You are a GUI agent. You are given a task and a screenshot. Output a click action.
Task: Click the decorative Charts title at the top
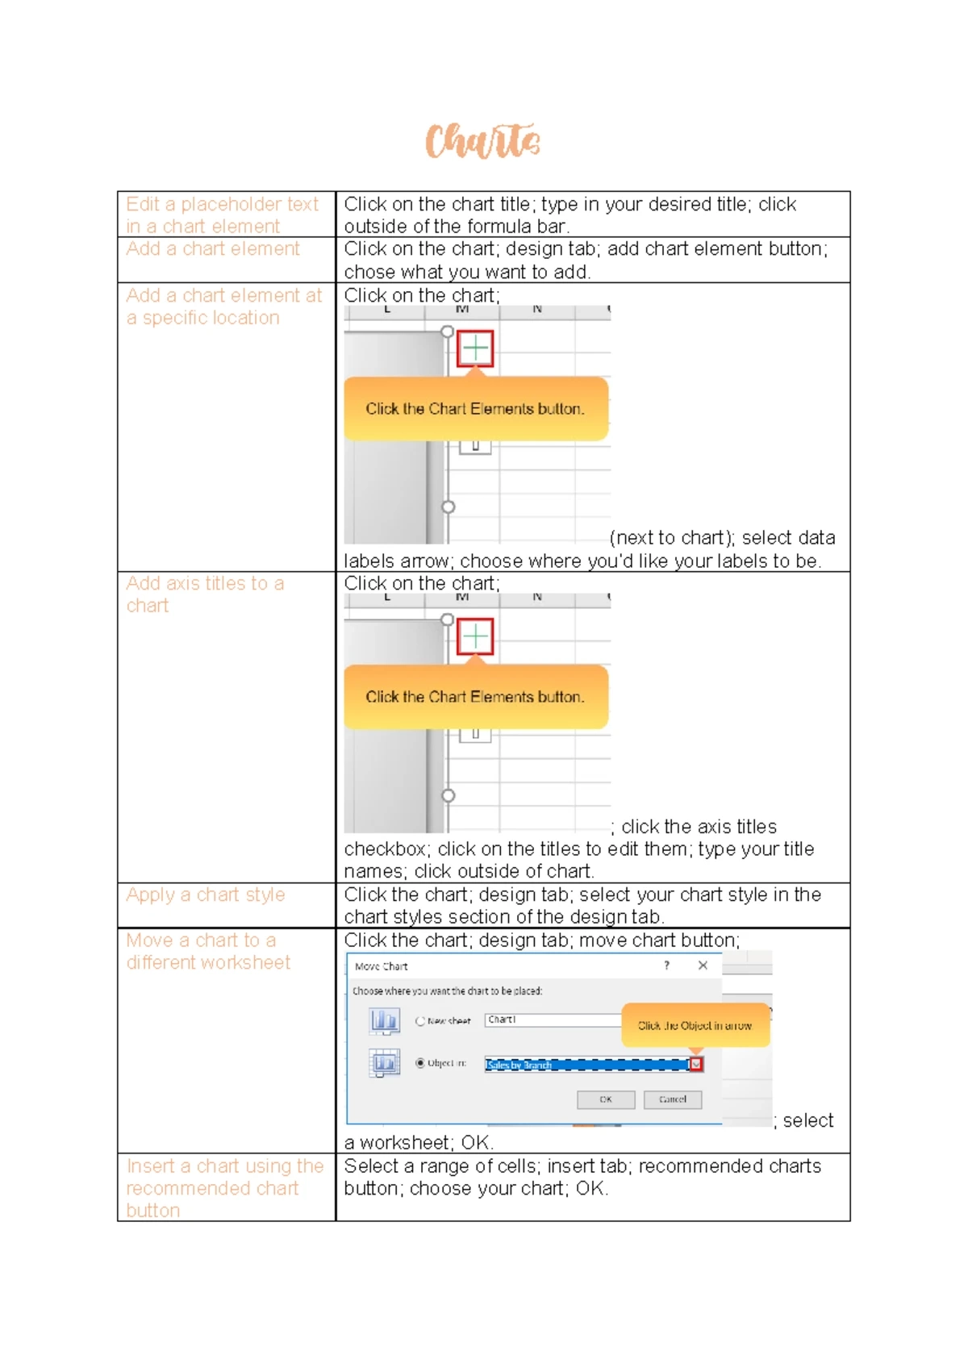coord(482,142)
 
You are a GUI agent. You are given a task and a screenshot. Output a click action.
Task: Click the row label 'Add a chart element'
coord(213,249)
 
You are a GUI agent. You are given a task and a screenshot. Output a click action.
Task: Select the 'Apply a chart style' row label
coord(206,895)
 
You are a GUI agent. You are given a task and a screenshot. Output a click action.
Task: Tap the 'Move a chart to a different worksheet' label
coord(207,952)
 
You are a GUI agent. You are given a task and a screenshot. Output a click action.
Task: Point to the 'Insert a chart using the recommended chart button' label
coord(224,1188)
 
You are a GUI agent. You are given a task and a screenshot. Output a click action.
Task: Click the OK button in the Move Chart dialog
coord(606,1099)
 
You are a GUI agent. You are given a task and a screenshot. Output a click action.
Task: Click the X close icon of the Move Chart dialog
coord(703,966)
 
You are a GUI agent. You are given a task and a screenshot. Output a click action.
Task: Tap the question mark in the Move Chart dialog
coord(666,966)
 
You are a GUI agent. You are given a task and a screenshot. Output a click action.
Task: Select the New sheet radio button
coord(420,1021)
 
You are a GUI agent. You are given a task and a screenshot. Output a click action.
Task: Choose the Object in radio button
coord(420,1063)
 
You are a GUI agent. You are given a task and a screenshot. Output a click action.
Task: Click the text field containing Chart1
coord(553,1020)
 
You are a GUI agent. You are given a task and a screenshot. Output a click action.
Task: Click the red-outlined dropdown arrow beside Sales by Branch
coord(697,1065)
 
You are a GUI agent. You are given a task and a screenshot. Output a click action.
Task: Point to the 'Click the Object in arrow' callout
coord(695,1026)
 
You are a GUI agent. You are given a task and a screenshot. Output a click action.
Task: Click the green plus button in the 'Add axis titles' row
coord(475,637)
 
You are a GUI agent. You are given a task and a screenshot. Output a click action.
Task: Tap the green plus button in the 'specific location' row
coord(475,348)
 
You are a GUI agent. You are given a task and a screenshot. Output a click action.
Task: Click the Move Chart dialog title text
coord(382,966)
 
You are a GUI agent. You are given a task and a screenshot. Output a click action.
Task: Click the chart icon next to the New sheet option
coord(385,1021)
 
